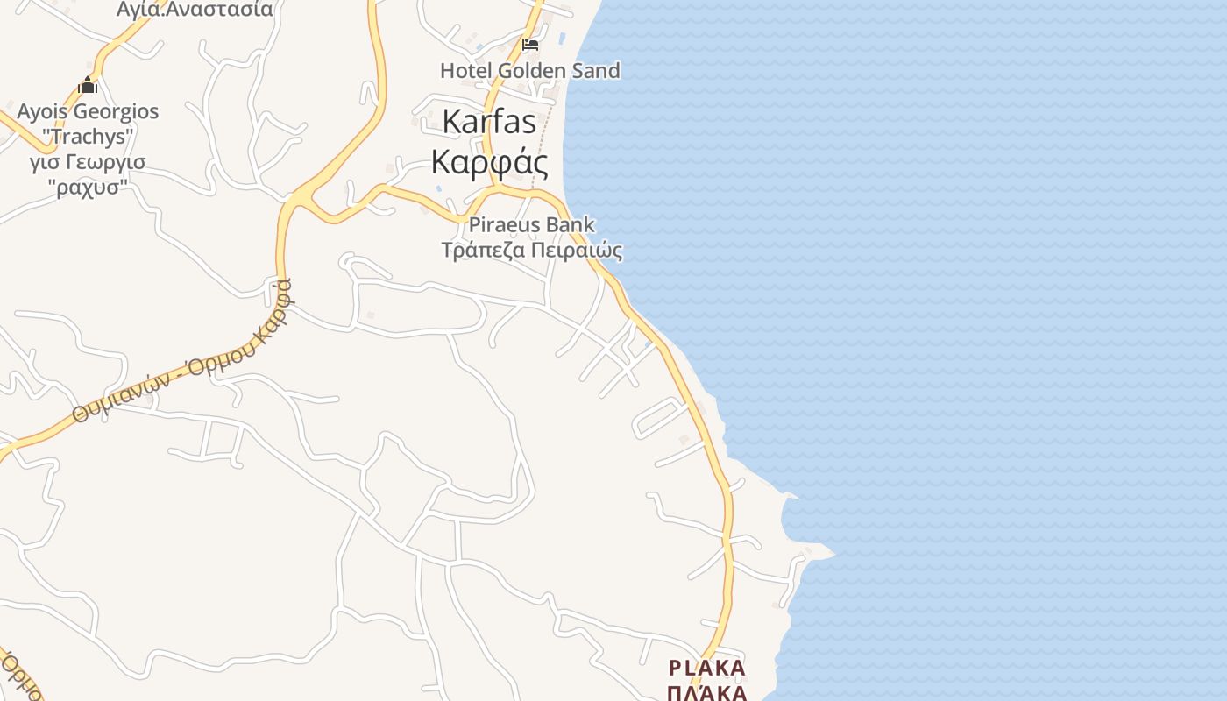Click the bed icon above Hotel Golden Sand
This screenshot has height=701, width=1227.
530,44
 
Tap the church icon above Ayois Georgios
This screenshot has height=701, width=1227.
88,85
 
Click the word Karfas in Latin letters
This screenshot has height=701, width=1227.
489,122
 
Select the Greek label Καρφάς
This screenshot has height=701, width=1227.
489,162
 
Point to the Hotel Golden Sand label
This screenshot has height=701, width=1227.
529,70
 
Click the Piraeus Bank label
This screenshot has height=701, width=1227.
531,225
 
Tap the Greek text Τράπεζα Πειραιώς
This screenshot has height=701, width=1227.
531,251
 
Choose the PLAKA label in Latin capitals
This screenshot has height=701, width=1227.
706,669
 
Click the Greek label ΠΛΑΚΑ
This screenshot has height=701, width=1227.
706,693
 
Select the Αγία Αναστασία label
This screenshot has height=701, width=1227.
195,10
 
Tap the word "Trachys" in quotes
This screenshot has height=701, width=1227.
88,137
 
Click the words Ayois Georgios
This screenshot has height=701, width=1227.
88,112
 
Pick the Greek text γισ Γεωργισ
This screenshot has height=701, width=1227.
88,162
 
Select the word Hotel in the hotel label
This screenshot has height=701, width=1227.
466,70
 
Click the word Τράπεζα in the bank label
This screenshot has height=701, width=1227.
485,251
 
